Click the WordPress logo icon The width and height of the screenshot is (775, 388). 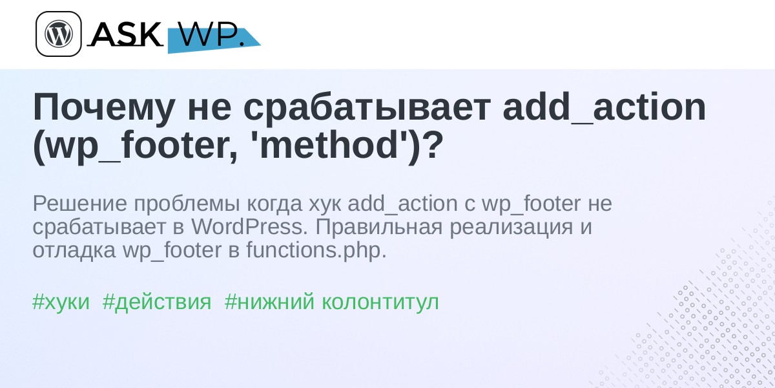click(x=59, y=34)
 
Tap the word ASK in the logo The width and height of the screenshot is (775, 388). click(x=125, y=34)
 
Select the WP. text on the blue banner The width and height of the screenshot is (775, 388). click(x=212, y=34)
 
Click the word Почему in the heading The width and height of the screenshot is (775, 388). click(x=104, y=108)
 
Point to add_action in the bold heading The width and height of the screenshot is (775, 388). click(x=604, y=107)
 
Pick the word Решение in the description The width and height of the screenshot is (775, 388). click(x=80, y=203)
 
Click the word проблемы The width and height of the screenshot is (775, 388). click(x=187, y=204)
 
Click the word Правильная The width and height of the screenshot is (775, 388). click(x=379, y=228)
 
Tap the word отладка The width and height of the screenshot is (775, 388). click(x=74, y=251)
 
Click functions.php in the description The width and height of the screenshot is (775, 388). click(x=316, y=250)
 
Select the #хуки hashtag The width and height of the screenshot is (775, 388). click(x=61, y=302)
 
